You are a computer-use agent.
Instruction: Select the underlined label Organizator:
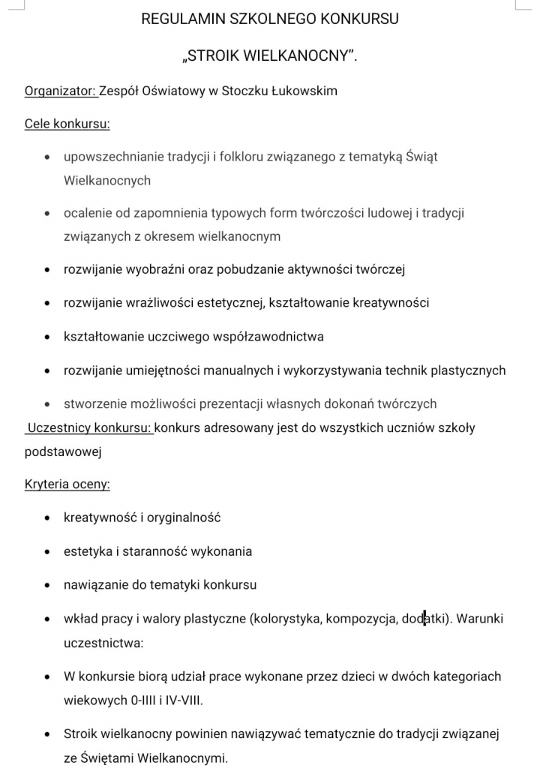coord(61,91)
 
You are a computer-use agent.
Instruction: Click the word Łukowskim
coord(299,91)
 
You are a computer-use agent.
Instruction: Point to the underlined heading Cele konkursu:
coord(67,124)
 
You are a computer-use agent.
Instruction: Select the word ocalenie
coord(88,213)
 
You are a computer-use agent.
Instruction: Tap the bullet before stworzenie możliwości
coord(47,404)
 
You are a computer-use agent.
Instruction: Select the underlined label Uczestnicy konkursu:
coord(89,428)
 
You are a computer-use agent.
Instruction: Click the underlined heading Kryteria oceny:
coord(67,484)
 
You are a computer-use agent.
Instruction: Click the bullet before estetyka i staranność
coord(47,552)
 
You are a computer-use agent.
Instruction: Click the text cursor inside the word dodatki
coord(424,619)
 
